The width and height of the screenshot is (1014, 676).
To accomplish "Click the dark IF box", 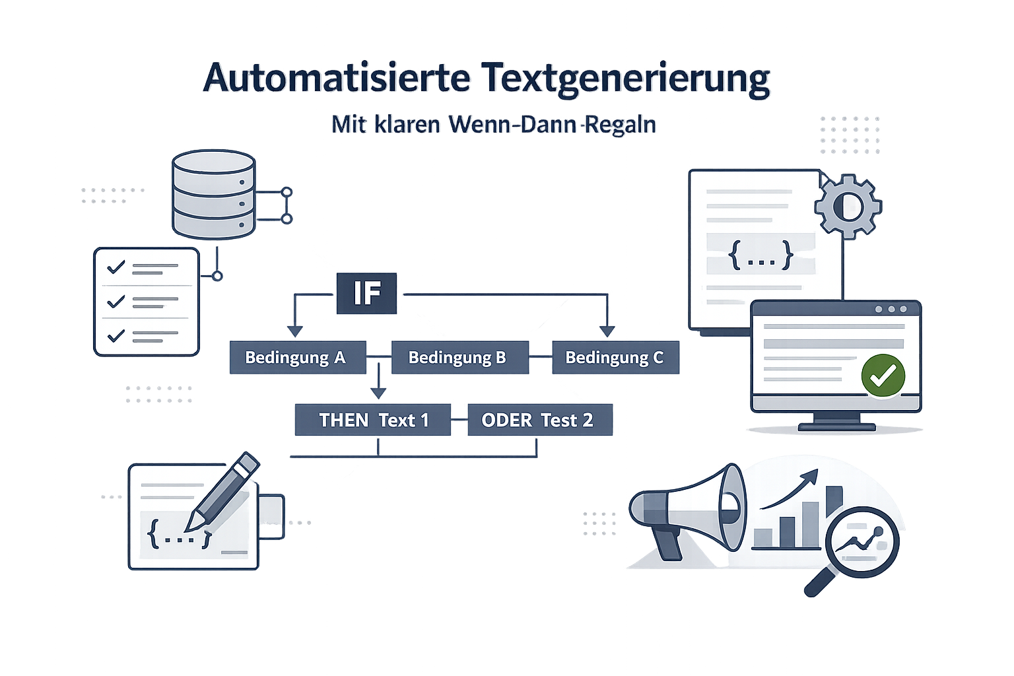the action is [366, 293].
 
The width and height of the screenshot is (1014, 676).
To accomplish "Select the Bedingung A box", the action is [298, 357].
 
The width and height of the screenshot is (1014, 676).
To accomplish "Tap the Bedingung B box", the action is [460, 357].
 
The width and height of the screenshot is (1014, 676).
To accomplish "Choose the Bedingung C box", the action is [616, 357].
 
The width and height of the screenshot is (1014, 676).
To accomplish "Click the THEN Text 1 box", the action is [373, 420].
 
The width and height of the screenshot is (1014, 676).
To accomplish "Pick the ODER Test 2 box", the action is [540, 420].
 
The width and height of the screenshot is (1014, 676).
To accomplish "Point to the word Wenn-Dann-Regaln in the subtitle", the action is [553, 125].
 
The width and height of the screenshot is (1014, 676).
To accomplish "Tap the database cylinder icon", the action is [214, 194].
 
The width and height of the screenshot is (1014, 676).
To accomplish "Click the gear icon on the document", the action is [848, 207].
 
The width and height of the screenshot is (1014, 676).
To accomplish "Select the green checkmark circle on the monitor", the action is [883, 376].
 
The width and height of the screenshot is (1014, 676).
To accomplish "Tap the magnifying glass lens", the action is [862, 542].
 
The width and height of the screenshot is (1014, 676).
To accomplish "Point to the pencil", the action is [222, 490].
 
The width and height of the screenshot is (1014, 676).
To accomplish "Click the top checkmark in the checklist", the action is [116, 267].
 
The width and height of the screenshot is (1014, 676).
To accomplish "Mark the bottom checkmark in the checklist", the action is [116, 335].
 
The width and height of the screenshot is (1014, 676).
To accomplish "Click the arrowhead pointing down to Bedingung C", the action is [607, 331].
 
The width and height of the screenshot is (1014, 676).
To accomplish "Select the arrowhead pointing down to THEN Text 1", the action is [378, 393].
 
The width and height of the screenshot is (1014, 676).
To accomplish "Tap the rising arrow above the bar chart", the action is [790, 489].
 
